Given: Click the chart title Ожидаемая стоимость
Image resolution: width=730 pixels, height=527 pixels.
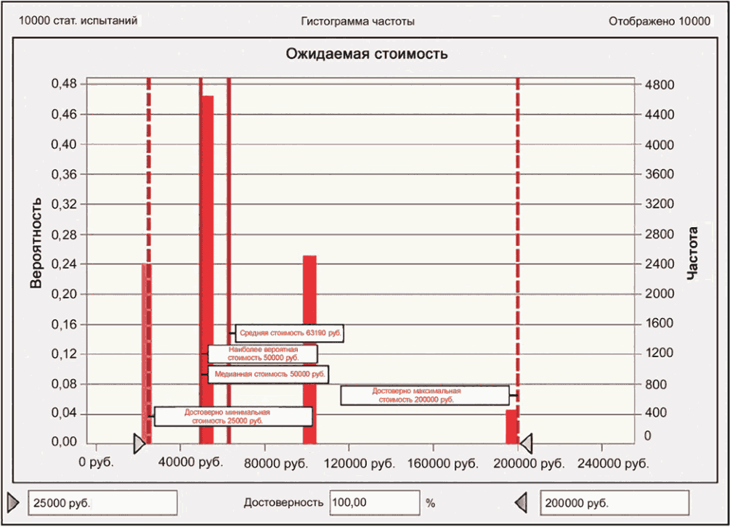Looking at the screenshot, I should (366, 54).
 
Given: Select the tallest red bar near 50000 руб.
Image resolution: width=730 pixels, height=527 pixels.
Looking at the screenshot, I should (207, 269).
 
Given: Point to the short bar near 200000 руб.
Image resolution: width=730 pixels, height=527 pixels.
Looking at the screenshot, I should (511, 426).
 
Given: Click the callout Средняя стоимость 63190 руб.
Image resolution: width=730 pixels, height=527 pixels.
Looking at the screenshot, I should (289, 333).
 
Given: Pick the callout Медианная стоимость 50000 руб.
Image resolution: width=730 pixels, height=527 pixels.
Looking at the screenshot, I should (267, 375).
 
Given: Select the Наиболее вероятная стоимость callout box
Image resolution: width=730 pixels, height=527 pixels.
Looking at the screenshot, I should (263, 354).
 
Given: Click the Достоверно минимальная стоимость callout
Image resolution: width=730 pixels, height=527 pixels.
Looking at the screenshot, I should (233, 416).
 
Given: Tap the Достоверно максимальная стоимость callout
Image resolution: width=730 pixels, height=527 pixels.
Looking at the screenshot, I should (424, 395).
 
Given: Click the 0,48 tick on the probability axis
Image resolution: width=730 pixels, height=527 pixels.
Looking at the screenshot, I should (64, 84).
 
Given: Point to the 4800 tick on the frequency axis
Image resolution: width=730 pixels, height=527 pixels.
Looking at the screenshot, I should (660, 84).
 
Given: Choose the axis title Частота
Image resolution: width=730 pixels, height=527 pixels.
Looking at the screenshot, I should (693, 253).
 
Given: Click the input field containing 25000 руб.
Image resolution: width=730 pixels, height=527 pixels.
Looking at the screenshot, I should (102, 502).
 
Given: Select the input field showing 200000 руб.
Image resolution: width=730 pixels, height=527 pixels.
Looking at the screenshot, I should (615, 502).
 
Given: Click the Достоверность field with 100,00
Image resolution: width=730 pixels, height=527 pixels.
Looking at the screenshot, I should (375, 502).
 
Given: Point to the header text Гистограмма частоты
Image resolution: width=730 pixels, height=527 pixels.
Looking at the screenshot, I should (357, 21).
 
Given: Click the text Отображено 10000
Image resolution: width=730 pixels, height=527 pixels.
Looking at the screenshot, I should (659, 21).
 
